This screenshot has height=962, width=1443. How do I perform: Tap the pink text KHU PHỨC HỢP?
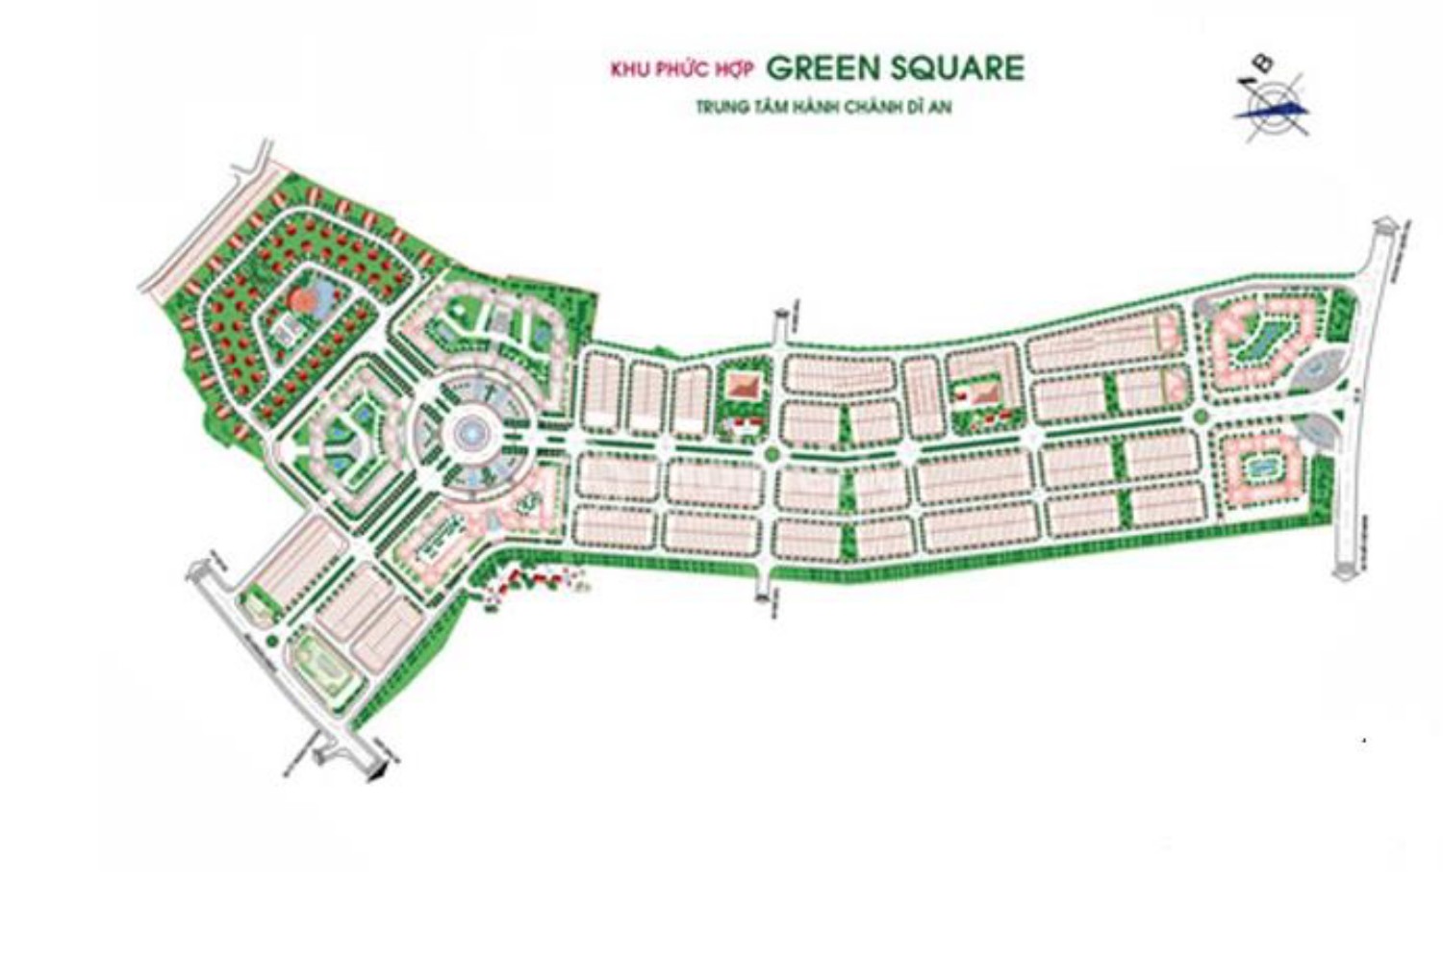tap(682, 69)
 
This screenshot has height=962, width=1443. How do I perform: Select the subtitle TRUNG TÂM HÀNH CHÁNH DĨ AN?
tap(823, 108)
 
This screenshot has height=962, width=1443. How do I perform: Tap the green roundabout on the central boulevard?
tap(770, 453)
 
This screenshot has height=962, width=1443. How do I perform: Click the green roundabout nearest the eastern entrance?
tap(1201, 417)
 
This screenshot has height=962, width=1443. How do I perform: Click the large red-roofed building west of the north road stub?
tap(743, 388)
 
